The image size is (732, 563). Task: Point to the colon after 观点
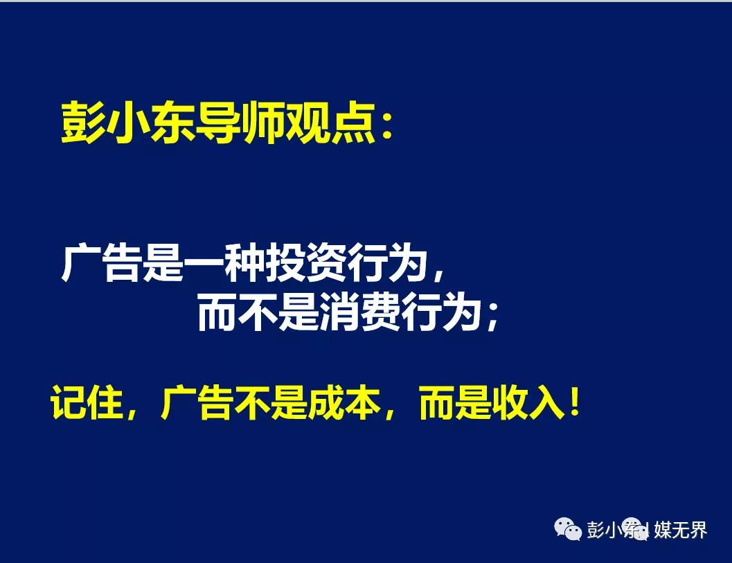[386, 127]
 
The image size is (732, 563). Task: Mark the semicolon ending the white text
[492, 317]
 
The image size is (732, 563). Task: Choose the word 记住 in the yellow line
[87, 402]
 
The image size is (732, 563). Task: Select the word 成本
[343, 402]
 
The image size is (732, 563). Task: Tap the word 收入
[528, 402]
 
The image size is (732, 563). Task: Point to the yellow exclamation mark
[574, 402]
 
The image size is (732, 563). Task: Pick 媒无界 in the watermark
[680, 529]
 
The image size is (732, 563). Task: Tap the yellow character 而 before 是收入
[437, 402]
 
